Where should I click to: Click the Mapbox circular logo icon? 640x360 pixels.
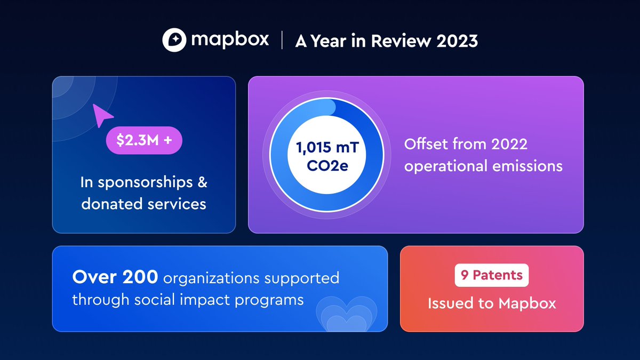[x=174, y=41]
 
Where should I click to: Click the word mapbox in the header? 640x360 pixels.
[x=230, y=41]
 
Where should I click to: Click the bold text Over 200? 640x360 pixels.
[x=115, y=277]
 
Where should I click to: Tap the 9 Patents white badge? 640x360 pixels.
[x=491, y=276]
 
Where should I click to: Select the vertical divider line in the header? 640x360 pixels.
[x=282, y=41]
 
